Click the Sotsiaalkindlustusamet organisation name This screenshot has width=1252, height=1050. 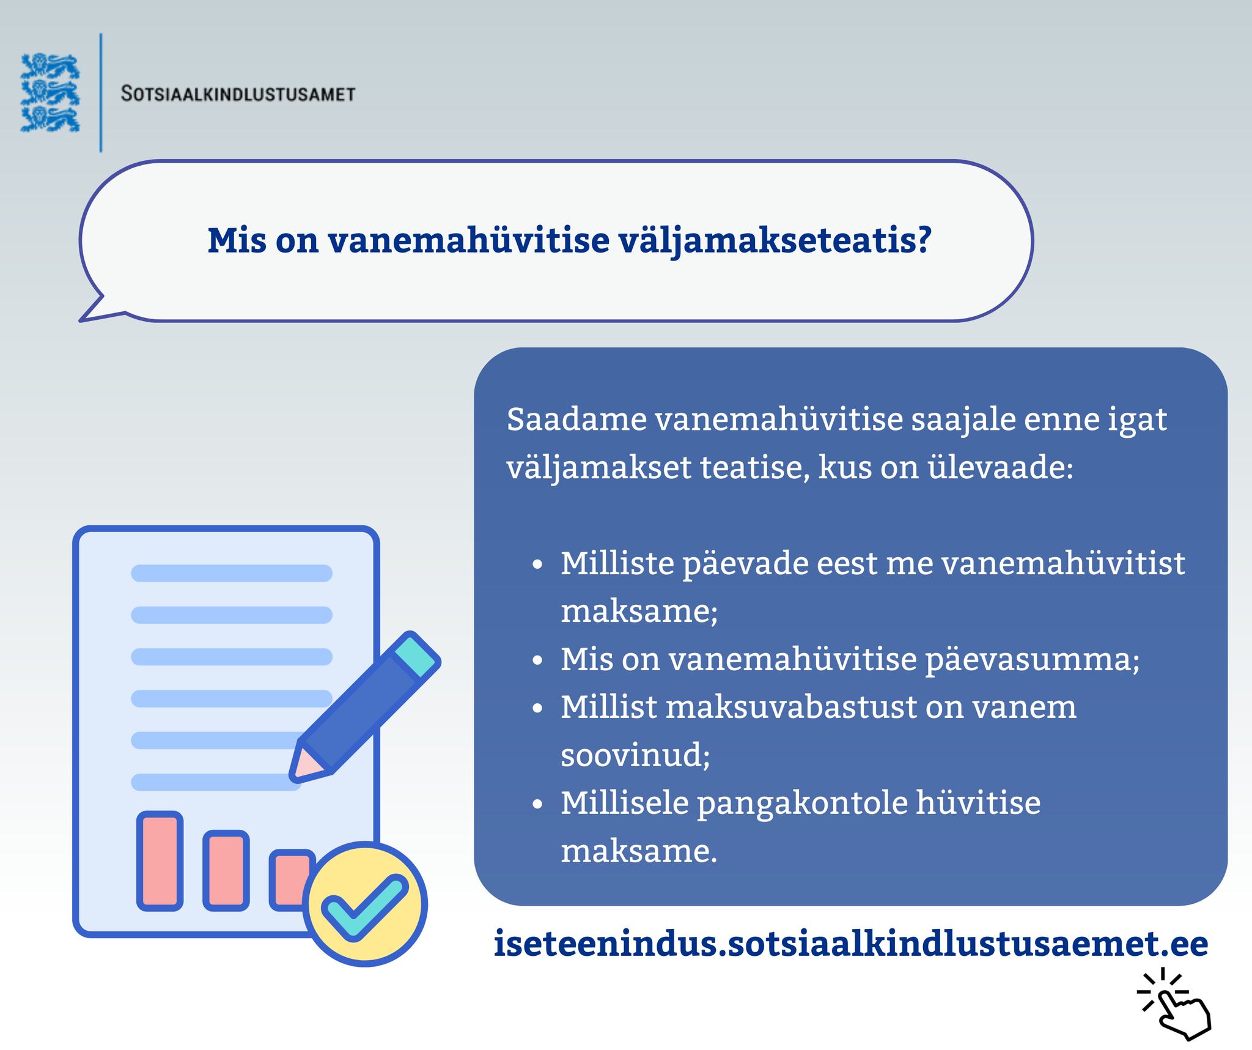pyautogui.click(x=238, y=94)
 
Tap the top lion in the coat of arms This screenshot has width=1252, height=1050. pyautogui.click(x=50, y=66)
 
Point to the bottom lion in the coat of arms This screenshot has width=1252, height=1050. pyautogui.click(x=50, y=119)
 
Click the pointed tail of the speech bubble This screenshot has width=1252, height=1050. pyautogui.click(x=92, y=311)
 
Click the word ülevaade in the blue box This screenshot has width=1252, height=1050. pyautogui.click(x=1001, y=468)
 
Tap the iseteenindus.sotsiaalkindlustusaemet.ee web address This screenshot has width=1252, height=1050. pyautogui.click(x=851, y=944)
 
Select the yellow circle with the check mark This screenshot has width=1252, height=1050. pyautogui.click(x=365, y=904)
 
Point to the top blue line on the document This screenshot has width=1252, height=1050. pyautogui.click(x=232, y=573)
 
